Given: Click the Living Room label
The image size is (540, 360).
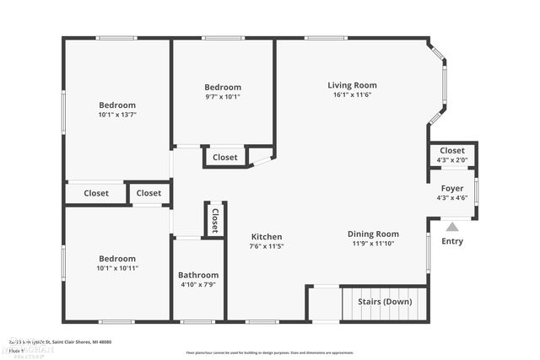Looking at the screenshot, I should [x=352, y=85].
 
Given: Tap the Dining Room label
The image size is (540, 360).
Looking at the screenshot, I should [x=373, y=234].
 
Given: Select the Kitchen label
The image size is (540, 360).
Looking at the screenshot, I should [x=266, y=237].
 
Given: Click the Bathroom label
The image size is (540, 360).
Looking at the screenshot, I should [x=198, y=275].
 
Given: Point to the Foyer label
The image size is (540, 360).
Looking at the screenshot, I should [x=453, y=188].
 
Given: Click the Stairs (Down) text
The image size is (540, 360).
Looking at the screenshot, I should [x=386, y=302].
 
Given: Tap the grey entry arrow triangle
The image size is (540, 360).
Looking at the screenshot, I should [x=453, y=226].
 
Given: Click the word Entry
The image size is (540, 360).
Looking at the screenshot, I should [x=452, y=242].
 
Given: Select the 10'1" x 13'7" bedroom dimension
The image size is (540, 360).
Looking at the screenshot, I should [x=117, y=115].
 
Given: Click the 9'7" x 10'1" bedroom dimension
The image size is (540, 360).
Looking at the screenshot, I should [x=223, y=96].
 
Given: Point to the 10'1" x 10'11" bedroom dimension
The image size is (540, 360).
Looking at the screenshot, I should [x=117, y=268].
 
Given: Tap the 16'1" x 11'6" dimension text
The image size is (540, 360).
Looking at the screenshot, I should [x=352, y=94].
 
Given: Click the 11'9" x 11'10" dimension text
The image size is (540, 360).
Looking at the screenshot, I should [x=373, y=243].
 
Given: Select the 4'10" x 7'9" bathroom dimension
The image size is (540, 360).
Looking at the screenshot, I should [x=198, y=284].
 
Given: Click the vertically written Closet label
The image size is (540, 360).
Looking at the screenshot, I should [x=215, y=220].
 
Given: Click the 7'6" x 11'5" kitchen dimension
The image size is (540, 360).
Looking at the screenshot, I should [x=266, y=246].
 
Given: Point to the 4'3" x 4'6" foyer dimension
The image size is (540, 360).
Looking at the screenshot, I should [x=453, y=198].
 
